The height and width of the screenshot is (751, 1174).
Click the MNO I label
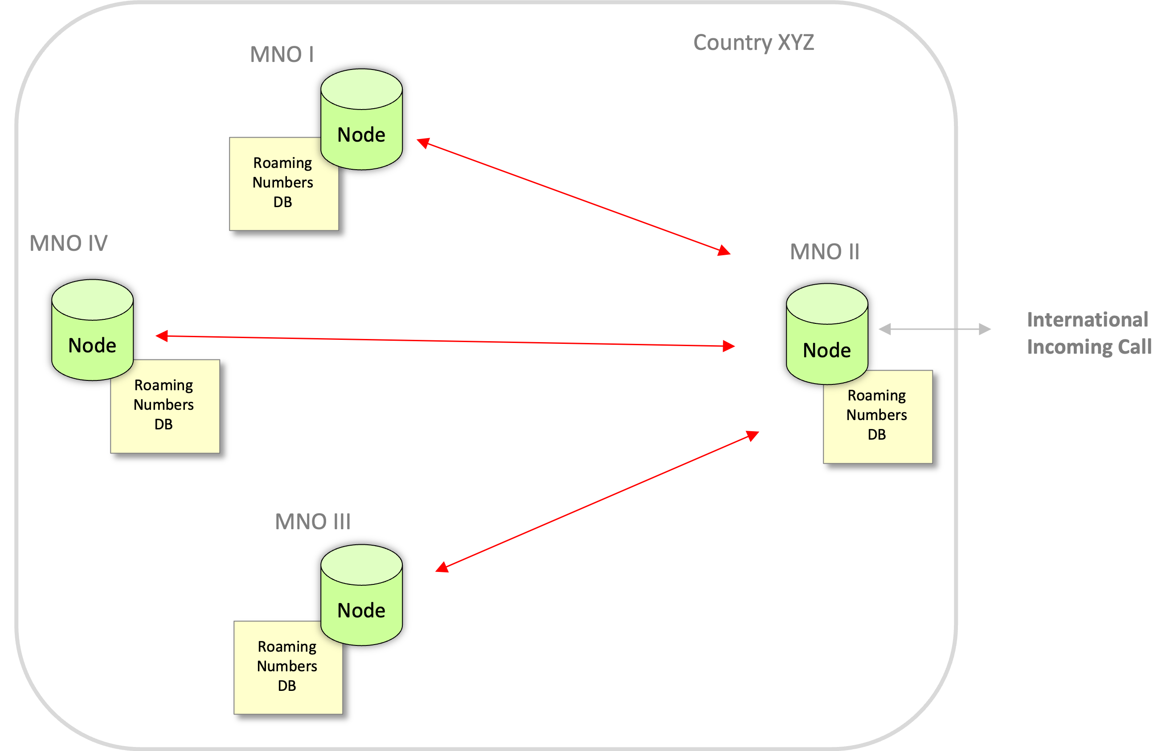tap(282, 54)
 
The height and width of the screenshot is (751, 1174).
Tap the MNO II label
tap(824, 252)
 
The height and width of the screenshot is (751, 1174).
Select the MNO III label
tap(313, 521)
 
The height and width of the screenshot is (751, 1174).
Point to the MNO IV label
tap(68, 243)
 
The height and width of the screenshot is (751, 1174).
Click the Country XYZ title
tap(753, 42)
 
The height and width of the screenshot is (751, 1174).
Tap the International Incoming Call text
tap(1088, 333)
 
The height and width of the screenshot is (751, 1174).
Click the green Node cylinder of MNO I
tap(361, 119)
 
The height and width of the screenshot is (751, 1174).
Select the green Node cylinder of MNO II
tap(827, 334)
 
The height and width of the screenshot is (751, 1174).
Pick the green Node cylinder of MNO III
tap(361, 595)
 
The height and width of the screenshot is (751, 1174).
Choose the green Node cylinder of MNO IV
tap(92, 330)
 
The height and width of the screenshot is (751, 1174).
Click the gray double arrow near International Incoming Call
tap(934, 329)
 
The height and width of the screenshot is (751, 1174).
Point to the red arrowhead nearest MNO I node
tap(423, 143)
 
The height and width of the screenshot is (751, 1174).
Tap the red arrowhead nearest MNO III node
tap(442, 567)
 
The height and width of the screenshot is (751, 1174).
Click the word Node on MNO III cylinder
tap(361, 611)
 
